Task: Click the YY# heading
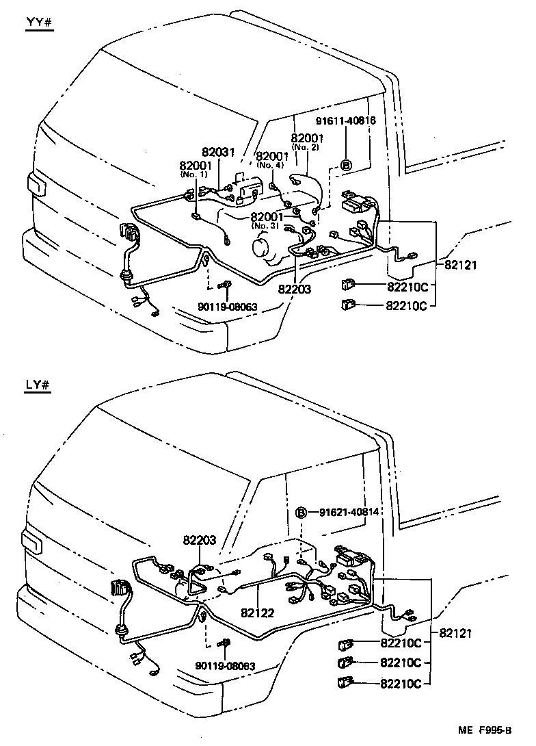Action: pos(38,23)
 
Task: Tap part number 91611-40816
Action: pos(345,121)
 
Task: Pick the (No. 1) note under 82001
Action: pos(194,175)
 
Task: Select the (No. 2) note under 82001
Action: pos(306,147)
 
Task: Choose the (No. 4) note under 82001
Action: pos(271,165)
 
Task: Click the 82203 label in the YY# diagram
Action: pos(295,290)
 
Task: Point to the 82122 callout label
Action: pos(257,613)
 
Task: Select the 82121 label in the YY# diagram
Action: pos(458,264)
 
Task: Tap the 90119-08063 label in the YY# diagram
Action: pos(226,307)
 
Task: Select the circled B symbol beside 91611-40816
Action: pos(346,165)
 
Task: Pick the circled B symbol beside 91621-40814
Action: pos(301,512)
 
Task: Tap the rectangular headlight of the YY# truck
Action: pos(34,184)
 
